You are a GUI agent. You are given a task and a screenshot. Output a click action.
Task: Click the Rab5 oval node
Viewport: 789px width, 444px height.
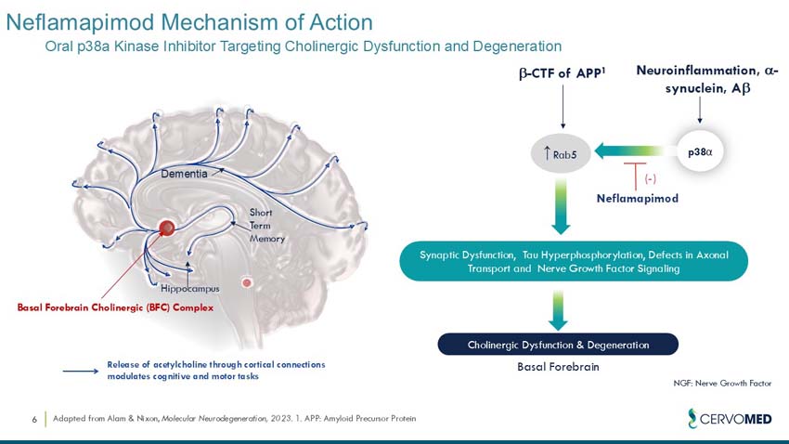pyautogui.click(x=563, y=153)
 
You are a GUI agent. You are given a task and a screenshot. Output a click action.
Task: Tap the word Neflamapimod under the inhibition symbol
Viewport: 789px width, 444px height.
pyautogui.click(x=637, y=198)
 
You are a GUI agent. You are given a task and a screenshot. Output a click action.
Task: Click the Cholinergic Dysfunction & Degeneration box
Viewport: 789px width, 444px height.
pyautogui.click(x=557, y=345)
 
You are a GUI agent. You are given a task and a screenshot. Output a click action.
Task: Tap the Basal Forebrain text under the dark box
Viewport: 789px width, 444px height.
pyautogui.click(x=557, y=367)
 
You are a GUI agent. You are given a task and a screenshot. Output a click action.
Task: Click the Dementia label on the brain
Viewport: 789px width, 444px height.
pyautogui.click(x=184, y=174)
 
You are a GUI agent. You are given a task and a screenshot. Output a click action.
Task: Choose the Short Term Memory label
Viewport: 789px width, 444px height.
pyautogui.click(x=266, y=226)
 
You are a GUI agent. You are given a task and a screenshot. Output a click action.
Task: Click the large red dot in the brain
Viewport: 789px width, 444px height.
pyautogui.click(x=167, y=228)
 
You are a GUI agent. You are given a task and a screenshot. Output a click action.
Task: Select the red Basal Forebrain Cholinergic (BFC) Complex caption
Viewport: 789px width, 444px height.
pyautogui.click(x=115, y=307)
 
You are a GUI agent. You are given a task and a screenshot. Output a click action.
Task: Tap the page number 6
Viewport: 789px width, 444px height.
pyautogui.click(x=34, y=420)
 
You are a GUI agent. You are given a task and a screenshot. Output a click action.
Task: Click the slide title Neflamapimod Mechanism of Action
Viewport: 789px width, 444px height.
pyautogui.click(x=189, y=21)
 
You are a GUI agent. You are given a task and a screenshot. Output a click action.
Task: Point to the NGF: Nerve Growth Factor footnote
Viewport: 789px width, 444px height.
pyautogui.click(x=722, y=383)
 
